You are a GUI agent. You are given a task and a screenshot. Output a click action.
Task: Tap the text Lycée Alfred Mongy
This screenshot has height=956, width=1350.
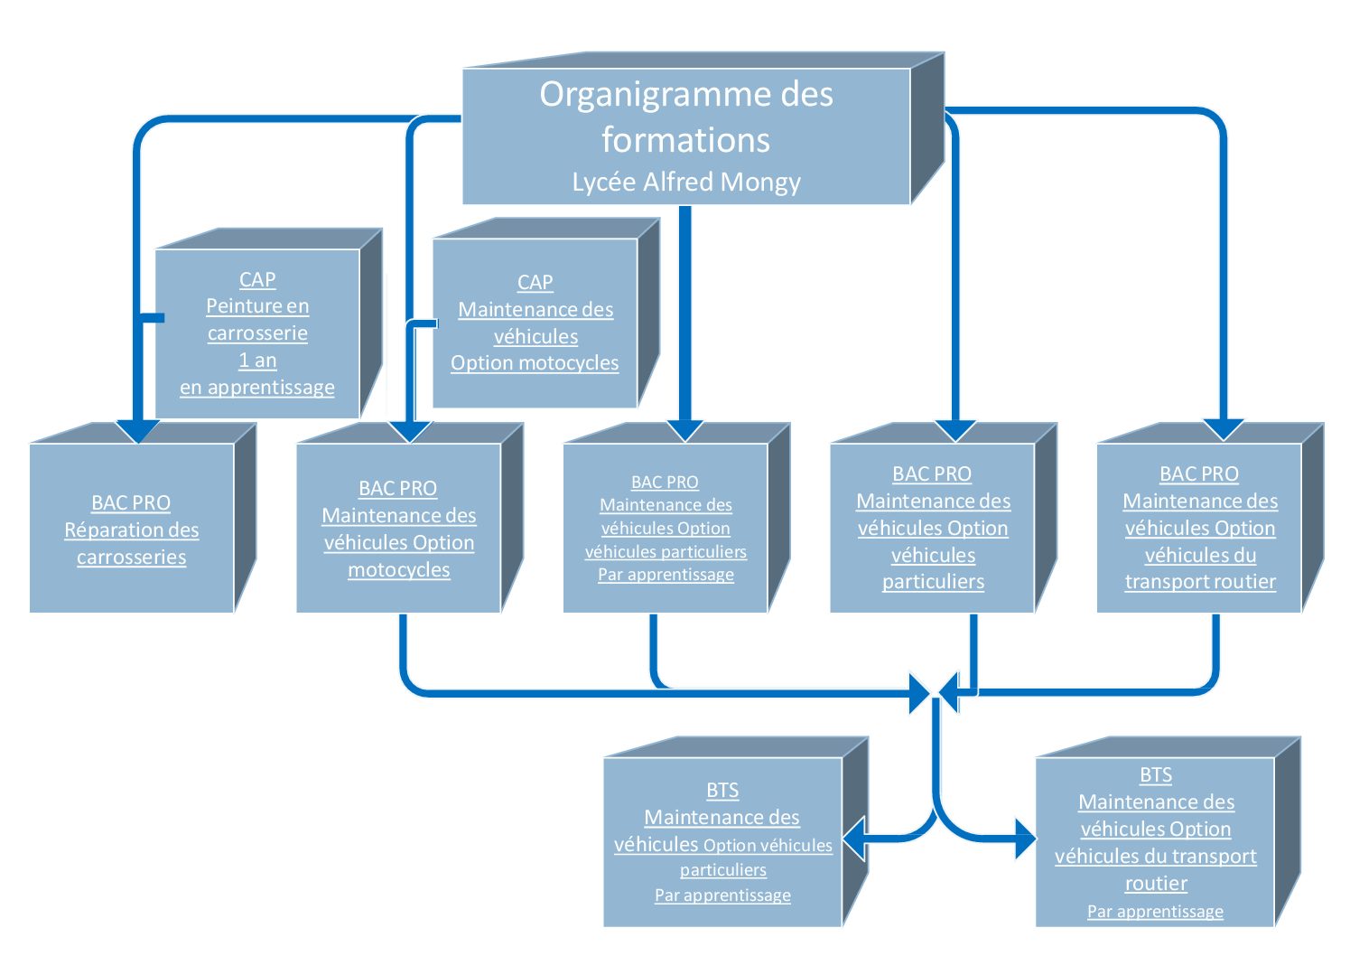[686, 183]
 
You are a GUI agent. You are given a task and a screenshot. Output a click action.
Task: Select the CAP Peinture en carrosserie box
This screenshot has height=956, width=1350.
[269, 323]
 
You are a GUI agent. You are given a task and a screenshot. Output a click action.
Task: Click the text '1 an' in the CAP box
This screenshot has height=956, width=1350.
[257, 361]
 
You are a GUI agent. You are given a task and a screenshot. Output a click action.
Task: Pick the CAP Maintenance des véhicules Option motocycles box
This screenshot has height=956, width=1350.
[546, 313]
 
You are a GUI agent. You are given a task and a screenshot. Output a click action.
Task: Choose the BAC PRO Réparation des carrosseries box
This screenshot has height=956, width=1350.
[143, 518]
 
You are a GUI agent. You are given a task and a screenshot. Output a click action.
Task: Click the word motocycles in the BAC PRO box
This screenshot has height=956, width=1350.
[398, 570]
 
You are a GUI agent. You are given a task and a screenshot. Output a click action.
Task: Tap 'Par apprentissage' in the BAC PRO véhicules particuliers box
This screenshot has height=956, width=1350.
[666, 574]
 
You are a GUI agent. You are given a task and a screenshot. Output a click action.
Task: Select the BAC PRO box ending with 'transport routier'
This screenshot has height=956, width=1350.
[1210, 518]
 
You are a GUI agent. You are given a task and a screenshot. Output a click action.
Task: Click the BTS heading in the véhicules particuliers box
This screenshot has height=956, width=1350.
[722, 790]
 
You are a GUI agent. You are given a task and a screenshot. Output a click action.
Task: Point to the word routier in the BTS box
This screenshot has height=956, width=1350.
[1156, 884]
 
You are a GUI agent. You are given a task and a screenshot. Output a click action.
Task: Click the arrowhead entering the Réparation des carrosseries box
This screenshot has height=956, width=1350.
[138, 431]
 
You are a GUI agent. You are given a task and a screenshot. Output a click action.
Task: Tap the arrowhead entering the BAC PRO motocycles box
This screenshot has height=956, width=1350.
[410, 432]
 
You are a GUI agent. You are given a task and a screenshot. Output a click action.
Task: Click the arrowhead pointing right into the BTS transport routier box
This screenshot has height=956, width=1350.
[1026, 839]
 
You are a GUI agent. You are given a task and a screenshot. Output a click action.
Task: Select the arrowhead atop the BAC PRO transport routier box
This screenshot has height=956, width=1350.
[1224, 430]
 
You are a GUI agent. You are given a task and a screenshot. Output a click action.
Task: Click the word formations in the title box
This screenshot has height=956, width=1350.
[686, 141]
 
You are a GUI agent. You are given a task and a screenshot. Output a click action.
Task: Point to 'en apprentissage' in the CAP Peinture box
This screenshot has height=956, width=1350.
[256, 388]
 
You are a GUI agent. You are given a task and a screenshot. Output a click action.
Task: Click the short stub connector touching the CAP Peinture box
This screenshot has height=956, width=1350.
[152, 318]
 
